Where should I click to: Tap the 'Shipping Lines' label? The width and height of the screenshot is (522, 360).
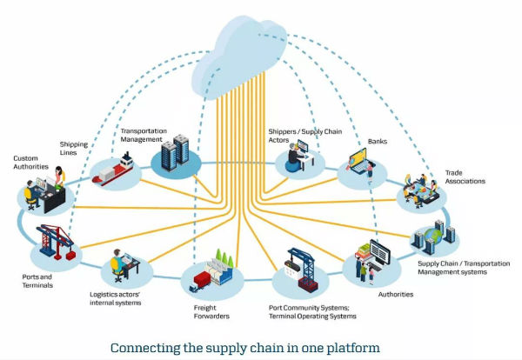73,148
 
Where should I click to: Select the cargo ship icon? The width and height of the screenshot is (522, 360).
115,170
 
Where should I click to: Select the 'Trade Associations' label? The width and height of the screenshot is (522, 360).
465,177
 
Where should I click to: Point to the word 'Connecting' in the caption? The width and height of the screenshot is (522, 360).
144,348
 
